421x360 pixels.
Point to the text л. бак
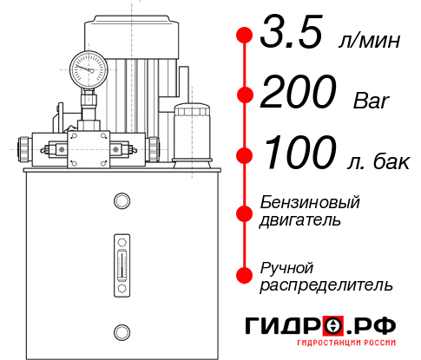[x=376, y=161]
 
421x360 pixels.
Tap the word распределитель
[x=326, y=284]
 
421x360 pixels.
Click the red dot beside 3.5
[x=244, y=35]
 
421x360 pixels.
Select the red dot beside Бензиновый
[x=244, y=212]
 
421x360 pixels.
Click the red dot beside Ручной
[x=244, y=275]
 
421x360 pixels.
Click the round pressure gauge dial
[x=88, y=65]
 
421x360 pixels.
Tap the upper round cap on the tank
[x=121, y=201]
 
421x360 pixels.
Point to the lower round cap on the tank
[x=121, y=331]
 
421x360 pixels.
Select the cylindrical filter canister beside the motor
[x=191, y=134]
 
